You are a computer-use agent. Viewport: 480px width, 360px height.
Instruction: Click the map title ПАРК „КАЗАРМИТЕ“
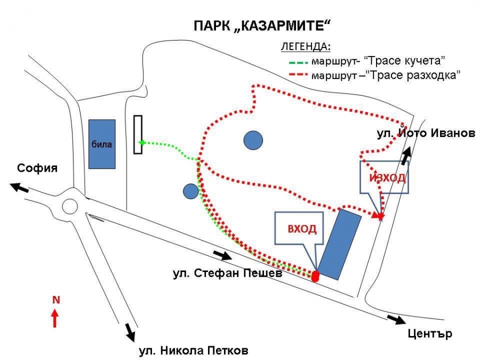click(x=262, y=26)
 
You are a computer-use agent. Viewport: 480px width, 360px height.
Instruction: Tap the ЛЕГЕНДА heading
click(x=306, y=46)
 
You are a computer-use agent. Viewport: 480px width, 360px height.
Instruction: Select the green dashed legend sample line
click(x=298, y=62)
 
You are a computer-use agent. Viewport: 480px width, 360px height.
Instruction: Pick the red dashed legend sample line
click(x=298, y=75)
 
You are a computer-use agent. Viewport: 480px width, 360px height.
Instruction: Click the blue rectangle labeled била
click(x=102, y=144)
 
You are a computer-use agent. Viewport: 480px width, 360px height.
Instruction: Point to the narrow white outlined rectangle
click(x=138, y=134)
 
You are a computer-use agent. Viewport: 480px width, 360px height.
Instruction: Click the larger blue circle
click(x=253, y=140)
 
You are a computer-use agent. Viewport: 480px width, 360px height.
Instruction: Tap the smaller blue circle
click(x=191, y=191)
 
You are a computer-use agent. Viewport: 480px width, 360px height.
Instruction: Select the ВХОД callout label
click(x=302, y=229)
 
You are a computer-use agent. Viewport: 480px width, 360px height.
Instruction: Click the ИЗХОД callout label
click(x=388, y=178)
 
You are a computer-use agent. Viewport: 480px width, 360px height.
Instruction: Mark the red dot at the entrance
click(x=315, y=276)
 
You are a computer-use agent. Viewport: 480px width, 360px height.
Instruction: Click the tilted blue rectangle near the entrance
click(x=339, y=244)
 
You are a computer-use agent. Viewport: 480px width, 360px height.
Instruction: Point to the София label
click(x=37, y=168)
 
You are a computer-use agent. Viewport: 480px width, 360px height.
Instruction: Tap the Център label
click(x=430, y=333)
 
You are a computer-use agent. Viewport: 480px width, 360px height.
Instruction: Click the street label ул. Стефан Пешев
click(x=227, y=273)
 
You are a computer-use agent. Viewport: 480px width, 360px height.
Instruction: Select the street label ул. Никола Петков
click(x=194, y=350)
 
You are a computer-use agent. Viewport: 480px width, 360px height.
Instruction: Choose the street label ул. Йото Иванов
click(x=426, y=133)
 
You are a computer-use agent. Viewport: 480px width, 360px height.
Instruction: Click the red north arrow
click(x=55, y=318)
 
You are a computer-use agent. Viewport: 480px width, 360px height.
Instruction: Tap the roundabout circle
click(x=70, y=206)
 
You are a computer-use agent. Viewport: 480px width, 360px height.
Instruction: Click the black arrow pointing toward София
click(x=19, y=187)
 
